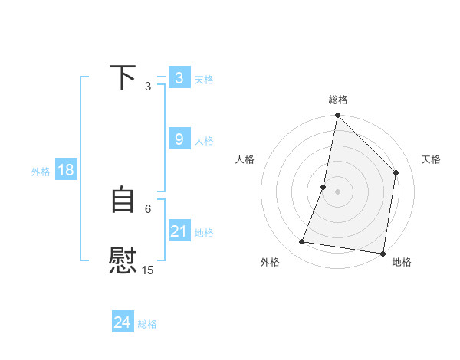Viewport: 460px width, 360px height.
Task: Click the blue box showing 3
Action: click(x=179, y=78)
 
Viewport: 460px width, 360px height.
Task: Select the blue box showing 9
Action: click(x=179, y=139)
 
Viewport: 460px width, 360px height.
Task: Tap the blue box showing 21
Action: click(x=179, y=231)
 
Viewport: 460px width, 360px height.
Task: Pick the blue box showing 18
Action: click(x=66, y=170)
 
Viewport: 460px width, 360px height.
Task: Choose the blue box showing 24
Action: click(x=123, y=322)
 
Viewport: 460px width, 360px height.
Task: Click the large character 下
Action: click(x=123, y=77)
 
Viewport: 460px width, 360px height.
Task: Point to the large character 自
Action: click(x=123, y=200)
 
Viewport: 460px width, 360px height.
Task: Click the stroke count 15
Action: click(x=148, y=270)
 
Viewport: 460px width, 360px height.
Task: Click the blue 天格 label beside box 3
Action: click(x=204, y=80)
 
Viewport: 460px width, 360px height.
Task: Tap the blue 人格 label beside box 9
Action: click(x=204, y=141)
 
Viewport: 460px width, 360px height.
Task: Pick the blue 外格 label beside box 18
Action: click(x=41, y=172)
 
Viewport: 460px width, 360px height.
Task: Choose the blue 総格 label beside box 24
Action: click(x=147, y=324)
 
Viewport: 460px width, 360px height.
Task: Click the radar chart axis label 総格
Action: click(x=337, y=100)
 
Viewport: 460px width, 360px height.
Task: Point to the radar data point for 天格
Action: click(x=396, y=172)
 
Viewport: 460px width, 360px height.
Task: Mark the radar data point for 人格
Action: click(x=324, y=187)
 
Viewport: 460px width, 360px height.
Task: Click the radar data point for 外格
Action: click(x=302, y=242)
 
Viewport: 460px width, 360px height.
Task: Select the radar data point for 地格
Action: click(x=383, y=253)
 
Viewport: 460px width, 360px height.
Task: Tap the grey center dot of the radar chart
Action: click(x=337, y=191)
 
